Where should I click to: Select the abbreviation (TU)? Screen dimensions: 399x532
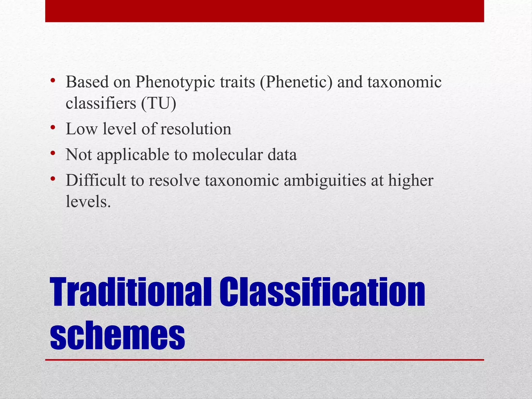159,103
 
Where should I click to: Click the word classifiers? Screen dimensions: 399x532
101,103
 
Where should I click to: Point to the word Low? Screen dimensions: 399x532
82,129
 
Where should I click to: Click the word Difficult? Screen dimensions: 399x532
96,181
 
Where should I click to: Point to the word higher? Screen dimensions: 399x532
411,181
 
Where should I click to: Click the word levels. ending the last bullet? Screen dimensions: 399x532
88,202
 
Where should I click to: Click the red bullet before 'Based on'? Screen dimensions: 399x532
53,80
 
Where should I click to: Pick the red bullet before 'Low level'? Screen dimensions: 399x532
53,127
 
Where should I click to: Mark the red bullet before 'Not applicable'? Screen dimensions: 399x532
53,153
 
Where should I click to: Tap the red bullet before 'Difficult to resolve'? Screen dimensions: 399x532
53,179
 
